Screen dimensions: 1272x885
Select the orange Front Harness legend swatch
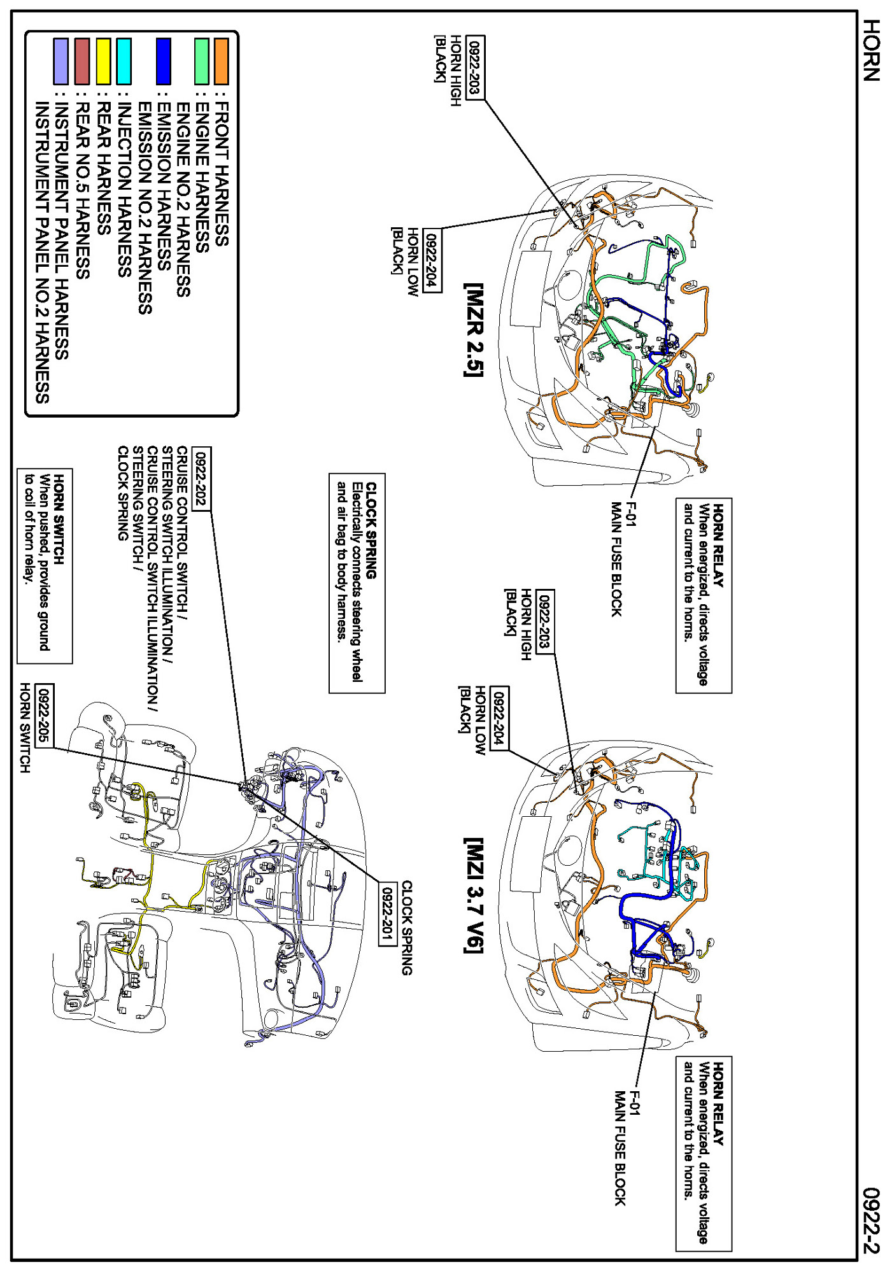pos(221,61)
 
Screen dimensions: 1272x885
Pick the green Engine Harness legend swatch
pos(201,61)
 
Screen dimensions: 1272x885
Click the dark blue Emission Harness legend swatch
pos(164,61)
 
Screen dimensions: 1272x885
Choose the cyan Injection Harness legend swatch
pos(124,61)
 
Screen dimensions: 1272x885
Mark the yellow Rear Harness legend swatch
pos(103,61)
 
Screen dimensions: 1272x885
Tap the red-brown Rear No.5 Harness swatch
pos(82,61)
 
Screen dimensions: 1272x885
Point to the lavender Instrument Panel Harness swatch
pos(61,61)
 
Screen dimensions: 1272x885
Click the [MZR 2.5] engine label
pos(474,330)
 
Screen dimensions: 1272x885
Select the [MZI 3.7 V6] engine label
pos(474,895)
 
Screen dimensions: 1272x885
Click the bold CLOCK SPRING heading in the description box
pos(371,530)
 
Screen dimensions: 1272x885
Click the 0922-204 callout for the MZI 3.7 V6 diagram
pos(500,718)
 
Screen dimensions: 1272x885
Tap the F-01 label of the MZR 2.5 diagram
pos(632,514)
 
